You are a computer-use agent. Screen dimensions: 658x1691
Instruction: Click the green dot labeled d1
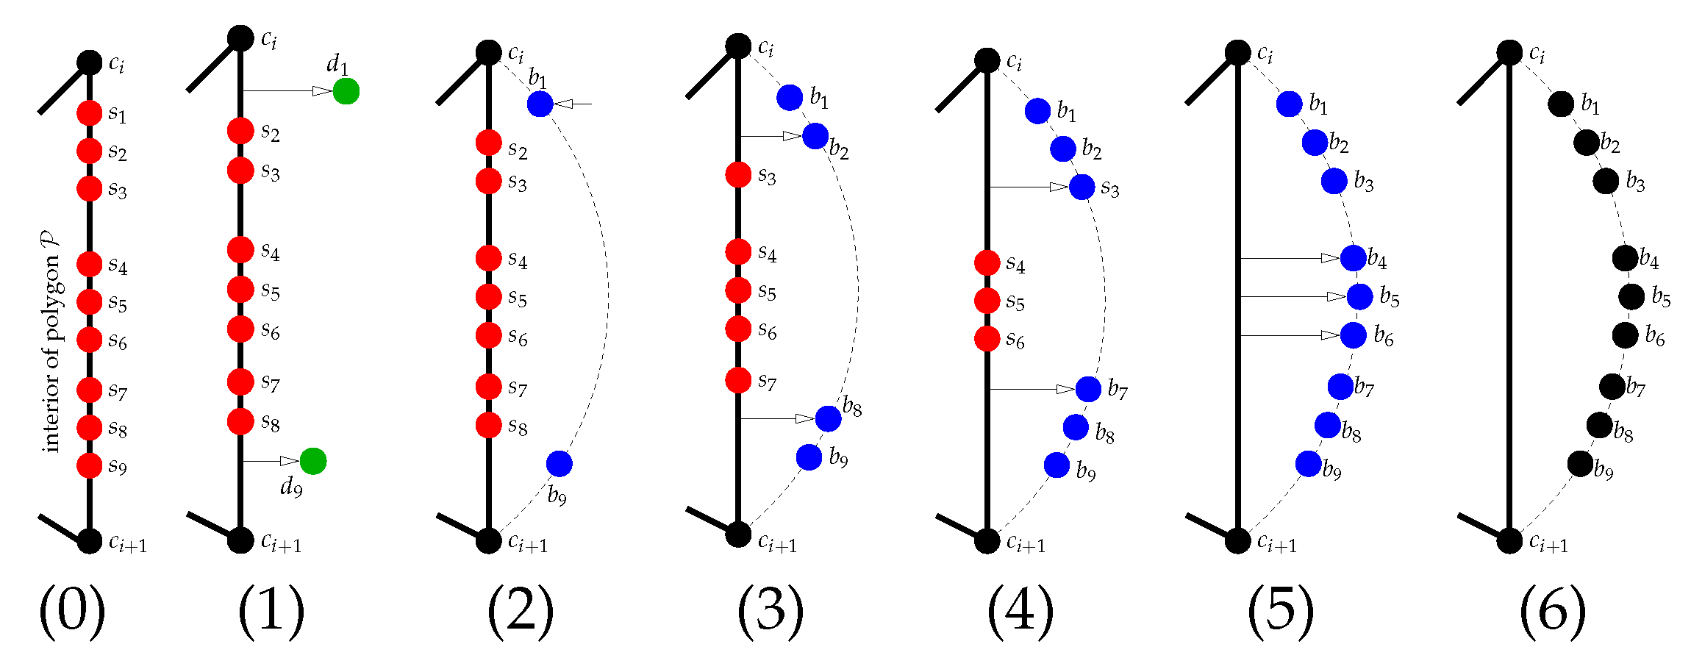point(346,91)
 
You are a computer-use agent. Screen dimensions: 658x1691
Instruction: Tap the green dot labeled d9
point(313,461)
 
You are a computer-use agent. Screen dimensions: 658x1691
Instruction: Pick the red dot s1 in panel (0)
point(89,113)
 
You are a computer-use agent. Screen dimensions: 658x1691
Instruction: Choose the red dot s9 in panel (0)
point(89,465)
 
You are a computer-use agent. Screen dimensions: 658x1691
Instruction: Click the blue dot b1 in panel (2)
point(540,104)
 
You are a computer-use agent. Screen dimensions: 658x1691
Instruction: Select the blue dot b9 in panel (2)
point(560,463)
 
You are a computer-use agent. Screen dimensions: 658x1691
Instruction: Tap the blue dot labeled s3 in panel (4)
point(1082,187)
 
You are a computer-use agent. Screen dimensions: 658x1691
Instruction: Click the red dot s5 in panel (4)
point(987,300)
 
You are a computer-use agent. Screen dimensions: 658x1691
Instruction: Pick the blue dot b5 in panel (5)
point(1359,296)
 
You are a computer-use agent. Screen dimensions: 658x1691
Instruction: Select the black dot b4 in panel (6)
point(1626,258)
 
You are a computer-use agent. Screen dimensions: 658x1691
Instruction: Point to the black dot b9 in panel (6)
point(1580,464)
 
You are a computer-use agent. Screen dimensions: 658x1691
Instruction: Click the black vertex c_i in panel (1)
point(240,37)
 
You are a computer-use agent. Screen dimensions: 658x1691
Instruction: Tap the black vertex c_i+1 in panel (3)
point(738,534)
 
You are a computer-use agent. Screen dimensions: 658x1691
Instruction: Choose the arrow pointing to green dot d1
point(287,91)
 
